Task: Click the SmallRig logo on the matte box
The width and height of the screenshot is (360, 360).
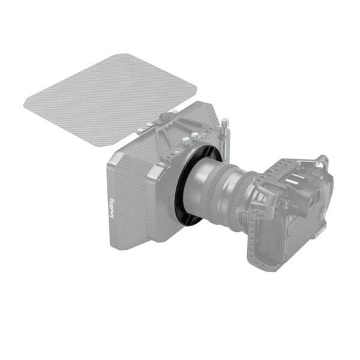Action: click(115, 210)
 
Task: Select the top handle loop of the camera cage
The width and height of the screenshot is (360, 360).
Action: click(322, 162)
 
